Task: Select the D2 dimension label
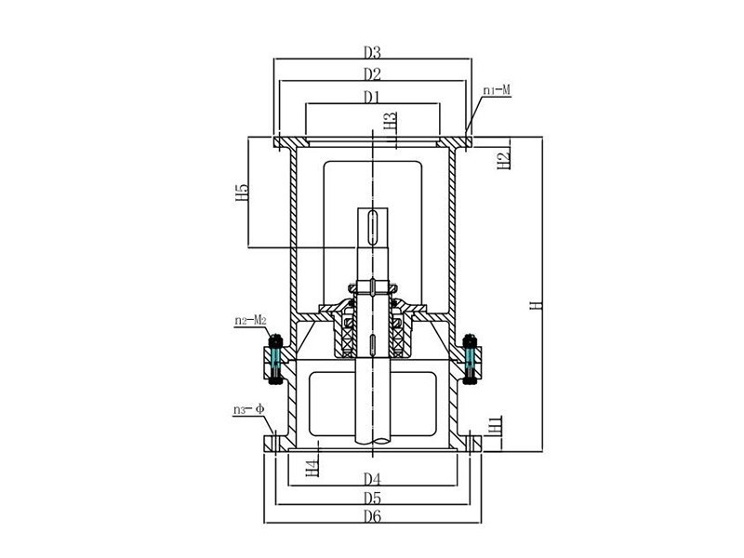coord(373,73)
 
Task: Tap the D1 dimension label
coord(373,96)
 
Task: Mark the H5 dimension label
coord(242,193)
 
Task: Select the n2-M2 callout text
coord(250,322)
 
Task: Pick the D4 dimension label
coord(373,480)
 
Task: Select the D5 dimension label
coord(373,498)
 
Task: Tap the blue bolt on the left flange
coord(275,360)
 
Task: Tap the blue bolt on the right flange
coord(469,358)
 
